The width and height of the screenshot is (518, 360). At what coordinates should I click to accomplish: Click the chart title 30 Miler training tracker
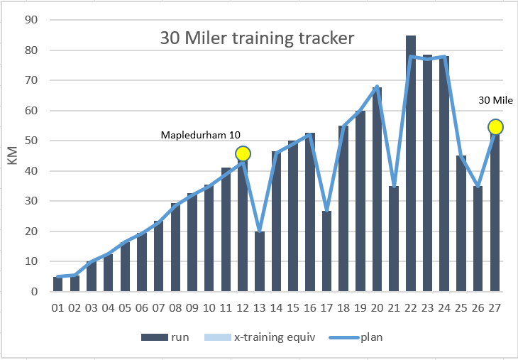[x=256, y=38]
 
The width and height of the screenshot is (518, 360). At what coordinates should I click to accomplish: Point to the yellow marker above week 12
[x=243, y=153]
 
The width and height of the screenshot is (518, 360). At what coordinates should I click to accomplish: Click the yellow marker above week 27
[x=495, y=127]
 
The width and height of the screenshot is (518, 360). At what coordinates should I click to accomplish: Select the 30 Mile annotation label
[x=496, y=100]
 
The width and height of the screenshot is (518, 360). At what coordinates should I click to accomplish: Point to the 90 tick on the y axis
[x=31, y=20]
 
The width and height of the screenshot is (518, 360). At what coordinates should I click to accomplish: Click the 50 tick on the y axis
[x=31, y=141]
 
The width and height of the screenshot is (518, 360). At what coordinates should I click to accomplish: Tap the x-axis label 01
[x=58, y=307]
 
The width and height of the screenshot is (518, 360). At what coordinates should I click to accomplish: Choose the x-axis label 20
[x=377, y=307]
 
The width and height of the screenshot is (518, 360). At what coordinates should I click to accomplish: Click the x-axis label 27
[x=495, y=307]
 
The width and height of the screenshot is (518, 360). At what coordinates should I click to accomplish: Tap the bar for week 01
[x=58, y=284]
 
